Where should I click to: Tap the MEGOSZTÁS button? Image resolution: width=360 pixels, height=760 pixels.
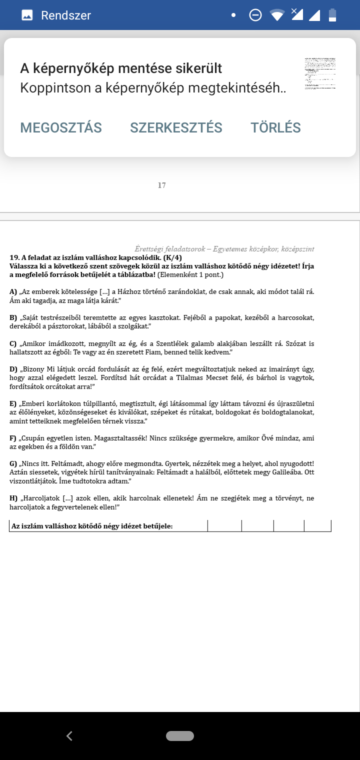tap(61, 128)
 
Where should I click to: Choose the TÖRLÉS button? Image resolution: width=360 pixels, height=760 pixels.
tap(275, 128)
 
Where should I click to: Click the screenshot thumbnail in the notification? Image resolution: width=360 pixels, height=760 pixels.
tap(320, 73)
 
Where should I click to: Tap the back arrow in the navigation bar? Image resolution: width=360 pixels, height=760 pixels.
tap(69, 735)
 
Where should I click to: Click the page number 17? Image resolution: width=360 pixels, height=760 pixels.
tap(161, 185)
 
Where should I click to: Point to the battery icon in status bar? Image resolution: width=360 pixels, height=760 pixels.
tap(332, 15)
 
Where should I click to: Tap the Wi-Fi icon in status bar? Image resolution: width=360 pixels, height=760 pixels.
tap(277, 15)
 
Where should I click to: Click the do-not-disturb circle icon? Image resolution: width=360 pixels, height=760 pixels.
tap(255, 15)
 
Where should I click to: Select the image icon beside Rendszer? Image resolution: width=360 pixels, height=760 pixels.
tap(27, 15)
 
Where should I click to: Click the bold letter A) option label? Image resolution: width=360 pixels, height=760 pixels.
tap(13, 291)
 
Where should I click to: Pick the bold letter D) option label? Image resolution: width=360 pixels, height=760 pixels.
tap(13, 369)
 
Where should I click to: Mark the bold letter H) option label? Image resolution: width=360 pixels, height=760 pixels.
tap(13, 498)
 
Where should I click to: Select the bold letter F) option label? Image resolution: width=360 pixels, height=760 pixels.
tap(13, 438)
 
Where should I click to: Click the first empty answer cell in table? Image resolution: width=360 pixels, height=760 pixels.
tap(224, 525)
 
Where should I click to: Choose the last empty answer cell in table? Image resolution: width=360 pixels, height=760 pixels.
tap(317, 525)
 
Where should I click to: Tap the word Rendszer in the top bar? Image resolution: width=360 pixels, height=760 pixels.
tap(66, 15)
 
